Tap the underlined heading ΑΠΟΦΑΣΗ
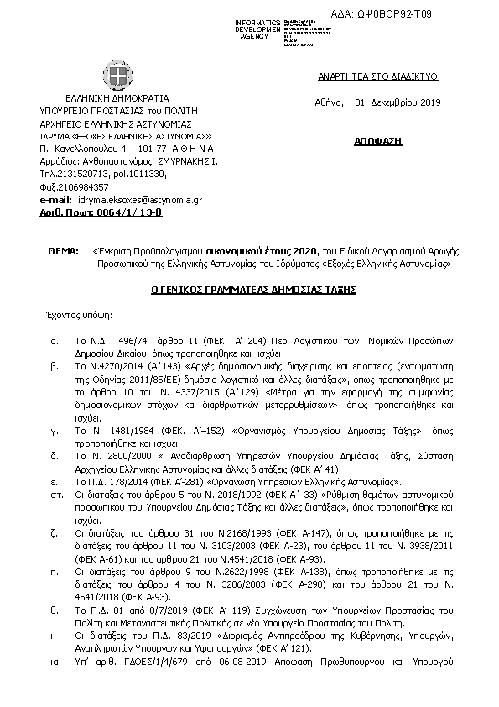[x=384, y=142]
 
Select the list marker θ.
[x=55, y=610]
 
